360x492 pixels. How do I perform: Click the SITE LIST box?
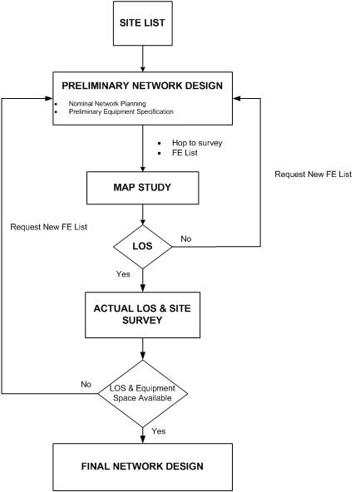144,26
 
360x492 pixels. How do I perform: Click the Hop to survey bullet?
196,142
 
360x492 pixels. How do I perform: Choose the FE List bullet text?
185,154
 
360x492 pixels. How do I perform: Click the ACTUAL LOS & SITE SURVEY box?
144,314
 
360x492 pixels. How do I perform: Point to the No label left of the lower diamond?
86,384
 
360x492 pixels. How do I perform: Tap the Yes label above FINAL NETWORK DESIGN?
158,430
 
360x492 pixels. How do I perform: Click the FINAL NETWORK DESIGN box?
144,465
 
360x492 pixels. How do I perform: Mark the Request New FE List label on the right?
313,175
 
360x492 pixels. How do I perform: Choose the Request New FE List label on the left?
48,226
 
